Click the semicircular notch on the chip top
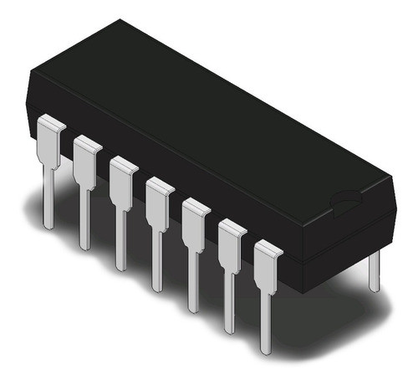[344, 200]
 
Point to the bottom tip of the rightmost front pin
[267, 349]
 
